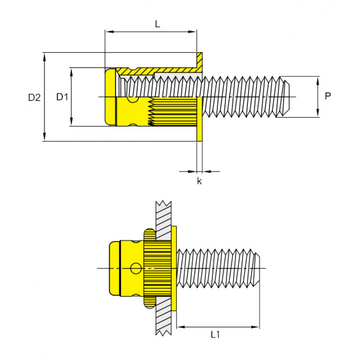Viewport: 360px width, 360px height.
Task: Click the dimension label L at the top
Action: pyautogui.click(x=157, y=24)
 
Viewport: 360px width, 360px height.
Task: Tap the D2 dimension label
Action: pyautogui.click(x=35, y=97)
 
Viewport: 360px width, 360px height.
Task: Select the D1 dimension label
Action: pyautogui.click(x=62, y=97)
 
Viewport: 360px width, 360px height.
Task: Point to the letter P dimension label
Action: pyautogui.click(x=328, y=96)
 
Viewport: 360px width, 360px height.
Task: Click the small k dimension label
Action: pyautogui.click(x=199, y=181)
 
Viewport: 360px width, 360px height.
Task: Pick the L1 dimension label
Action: pyautogui.click(x=216, y=334)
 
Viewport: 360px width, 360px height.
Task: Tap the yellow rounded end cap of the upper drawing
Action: pyautogui.click(x=110, y=97)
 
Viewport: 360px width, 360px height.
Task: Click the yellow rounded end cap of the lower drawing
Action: pyautogui.click(x=115, y=269)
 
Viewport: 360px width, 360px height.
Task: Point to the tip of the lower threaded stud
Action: pyautogui.click(x=258, y=269)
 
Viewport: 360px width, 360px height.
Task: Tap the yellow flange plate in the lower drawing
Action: pyautogui.click(x=174, y=269)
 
